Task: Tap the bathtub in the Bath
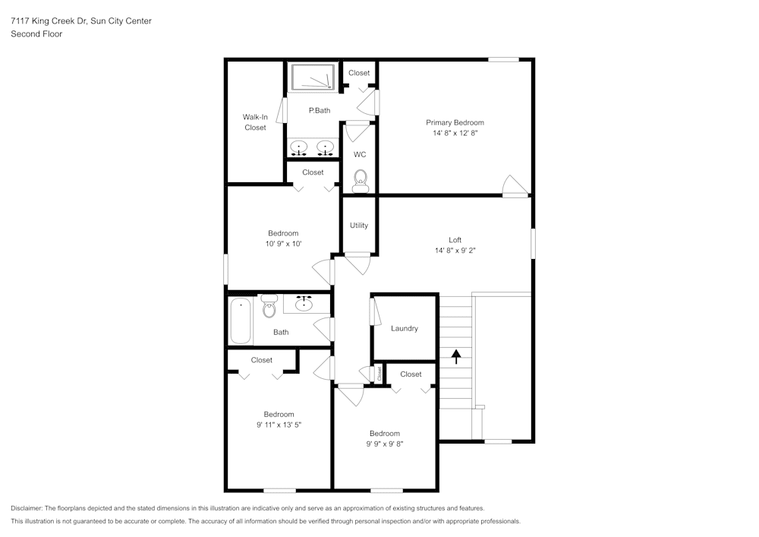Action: [241, 321]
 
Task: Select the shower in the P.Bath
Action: [312, 77]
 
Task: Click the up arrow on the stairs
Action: [456, 355]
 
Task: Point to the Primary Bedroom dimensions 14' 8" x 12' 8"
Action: [455, 133]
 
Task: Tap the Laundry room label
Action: [404, 328]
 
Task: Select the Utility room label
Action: [359, 225]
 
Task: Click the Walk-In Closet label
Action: [255, 122]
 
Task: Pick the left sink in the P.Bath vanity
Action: [300, 147]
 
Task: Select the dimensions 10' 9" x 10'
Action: [282, 244]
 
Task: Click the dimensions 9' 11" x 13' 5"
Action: [279, 425]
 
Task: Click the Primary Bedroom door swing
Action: [515, 186]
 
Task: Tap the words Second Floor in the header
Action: [36, 34]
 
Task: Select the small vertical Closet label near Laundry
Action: [379, 372]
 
